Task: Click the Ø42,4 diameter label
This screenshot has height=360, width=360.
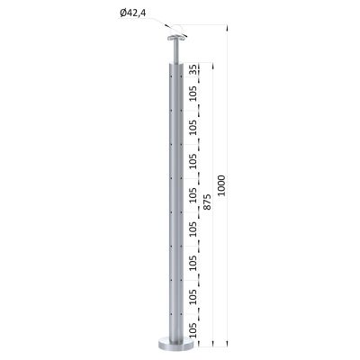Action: [x=132, y=13]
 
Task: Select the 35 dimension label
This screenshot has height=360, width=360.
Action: [x=193, y=69]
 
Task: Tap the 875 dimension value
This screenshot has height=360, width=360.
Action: [x=207, y=202]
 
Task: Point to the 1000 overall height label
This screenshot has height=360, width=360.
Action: [x=221, y=185]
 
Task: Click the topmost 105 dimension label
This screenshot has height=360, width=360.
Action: [x=193, y=94]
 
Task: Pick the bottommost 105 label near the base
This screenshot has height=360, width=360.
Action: [x=193, y=330]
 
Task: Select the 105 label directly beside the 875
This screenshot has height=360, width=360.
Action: [x=193, y=195]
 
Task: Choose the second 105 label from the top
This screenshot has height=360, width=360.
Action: [x=193, y=128]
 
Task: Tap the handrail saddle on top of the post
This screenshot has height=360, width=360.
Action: [x=176, y=39]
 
